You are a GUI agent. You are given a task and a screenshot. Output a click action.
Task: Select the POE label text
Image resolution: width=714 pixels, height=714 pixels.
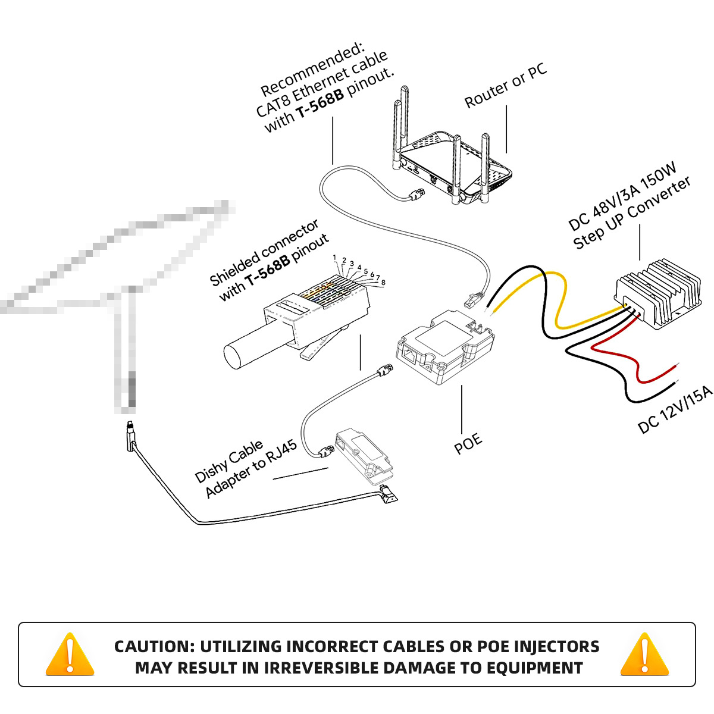pyautogui.click(x=468, y=443)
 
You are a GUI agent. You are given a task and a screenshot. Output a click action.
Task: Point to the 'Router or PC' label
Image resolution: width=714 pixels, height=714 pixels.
pyautogui.click(x=506, y=87)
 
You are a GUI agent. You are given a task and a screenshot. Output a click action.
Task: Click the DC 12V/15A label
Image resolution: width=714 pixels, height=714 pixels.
pyautogui.click(x=675, y=410)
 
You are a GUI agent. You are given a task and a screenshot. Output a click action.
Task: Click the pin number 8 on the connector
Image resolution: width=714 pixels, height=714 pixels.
pyautogui.click(x=383, y=283)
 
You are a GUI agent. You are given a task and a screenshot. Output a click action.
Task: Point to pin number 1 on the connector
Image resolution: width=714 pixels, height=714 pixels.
pyautogui.click(x=335, y=258)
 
